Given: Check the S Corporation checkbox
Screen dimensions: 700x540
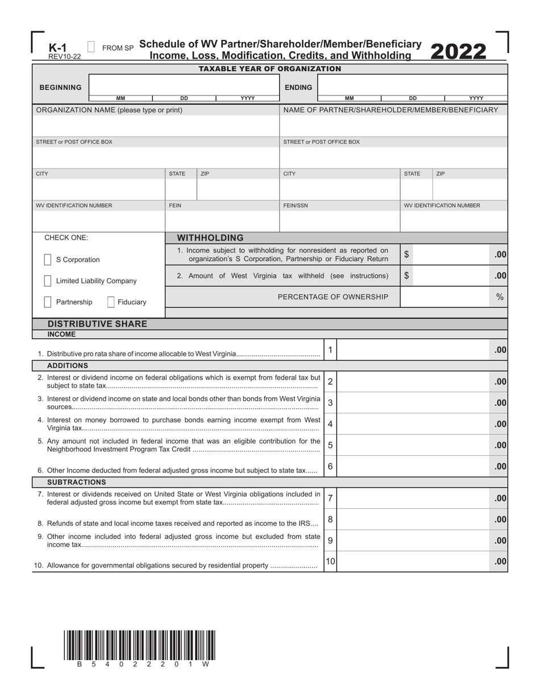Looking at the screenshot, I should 48,260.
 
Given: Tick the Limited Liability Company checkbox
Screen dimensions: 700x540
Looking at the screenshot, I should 48,281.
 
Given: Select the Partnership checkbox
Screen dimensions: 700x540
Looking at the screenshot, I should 48,302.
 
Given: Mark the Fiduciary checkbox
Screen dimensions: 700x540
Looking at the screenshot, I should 111,302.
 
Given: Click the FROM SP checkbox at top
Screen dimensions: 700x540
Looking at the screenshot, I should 92,47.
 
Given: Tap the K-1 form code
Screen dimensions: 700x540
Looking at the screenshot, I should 57,48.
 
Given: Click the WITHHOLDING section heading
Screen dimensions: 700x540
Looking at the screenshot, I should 210,238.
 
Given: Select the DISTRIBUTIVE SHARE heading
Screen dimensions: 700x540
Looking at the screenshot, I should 97,324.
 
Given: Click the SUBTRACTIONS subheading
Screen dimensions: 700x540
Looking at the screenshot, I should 76,482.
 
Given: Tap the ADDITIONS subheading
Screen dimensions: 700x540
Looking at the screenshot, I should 68,365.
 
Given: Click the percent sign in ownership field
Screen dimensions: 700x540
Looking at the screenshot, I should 500,297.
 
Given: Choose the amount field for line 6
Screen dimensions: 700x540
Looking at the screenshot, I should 413,466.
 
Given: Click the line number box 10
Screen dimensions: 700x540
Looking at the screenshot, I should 330,561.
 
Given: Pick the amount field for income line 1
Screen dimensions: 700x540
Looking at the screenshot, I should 413,350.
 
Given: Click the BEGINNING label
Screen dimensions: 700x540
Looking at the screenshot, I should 60,88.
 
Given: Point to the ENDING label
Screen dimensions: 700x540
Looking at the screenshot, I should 298,88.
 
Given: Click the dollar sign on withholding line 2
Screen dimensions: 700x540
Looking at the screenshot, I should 406,275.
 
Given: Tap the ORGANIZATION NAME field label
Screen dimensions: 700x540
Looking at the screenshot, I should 109,110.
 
